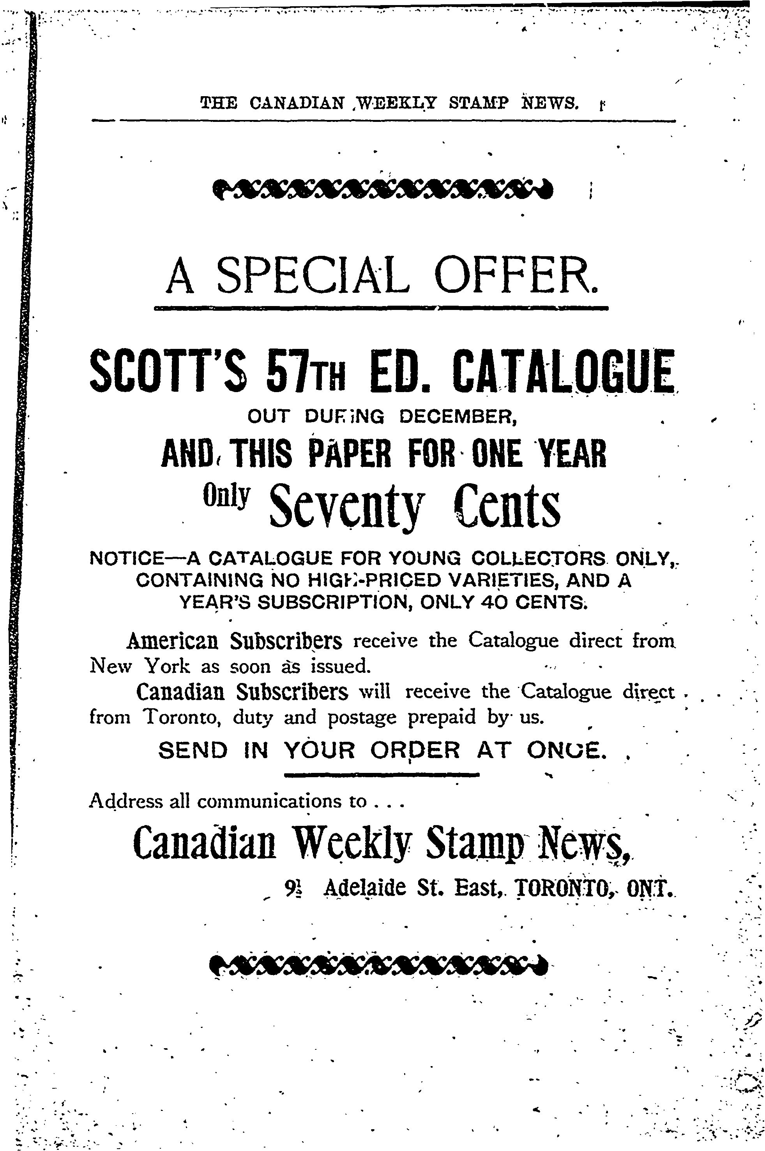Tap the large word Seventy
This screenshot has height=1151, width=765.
tap(346, 506)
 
